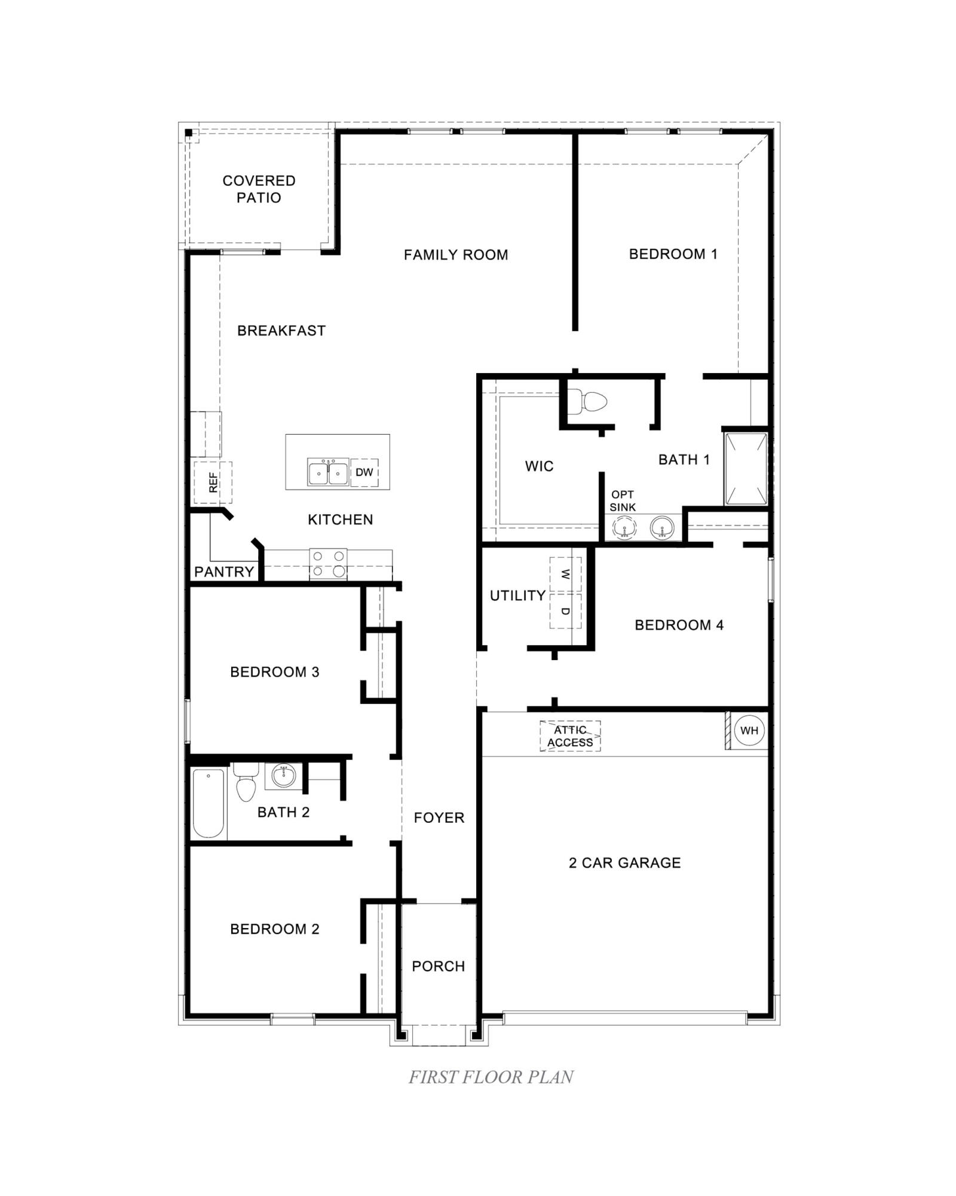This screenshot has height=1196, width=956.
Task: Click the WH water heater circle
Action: point(749,730)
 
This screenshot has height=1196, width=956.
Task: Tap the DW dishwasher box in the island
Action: point(364,472)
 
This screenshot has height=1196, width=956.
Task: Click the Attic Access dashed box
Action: point(570,736)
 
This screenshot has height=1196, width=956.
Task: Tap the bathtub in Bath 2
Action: point(209,803)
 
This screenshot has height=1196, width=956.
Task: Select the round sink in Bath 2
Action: point(283,776)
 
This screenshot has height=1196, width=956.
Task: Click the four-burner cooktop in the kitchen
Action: point(328,564)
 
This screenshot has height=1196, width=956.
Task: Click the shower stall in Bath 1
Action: point(746,469)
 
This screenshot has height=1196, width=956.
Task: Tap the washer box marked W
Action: point(565,574)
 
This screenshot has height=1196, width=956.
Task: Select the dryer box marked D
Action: point(565,611)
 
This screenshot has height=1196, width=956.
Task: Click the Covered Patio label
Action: point(259,189)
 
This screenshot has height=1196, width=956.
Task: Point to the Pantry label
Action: point(224,572)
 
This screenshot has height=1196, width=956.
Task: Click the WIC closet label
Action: point(539,466)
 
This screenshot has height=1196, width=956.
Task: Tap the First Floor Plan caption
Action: point(491,1077)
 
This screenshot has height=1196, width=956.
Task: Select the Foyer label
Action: point(439,817)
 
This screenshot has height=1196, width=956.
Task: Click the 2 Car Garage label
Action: point(624,863)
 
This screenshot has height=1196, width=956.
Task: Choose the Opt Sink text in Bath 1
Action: point(623,501)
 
